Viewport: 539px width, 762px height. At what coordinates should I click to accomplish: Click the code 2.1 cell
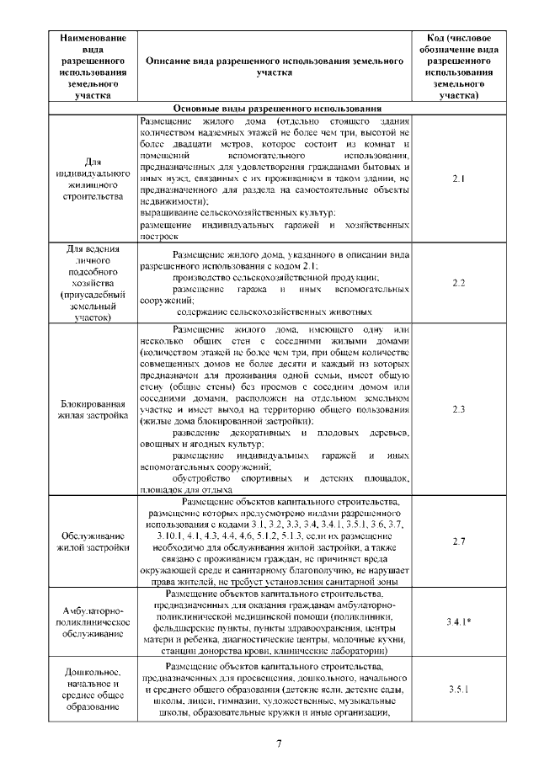pyautogui.click(x=458, y=179)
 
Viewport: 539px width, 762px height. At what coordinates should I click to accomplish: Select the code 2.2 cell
pyautogui.click(x=458, y=284)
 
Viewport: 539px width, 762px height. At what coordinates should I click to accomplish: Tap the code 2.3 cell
pyautogui.click(x=458, y=409)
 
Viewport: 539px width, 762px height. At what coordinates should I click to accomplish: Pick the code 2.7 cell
pyautogui.click(x=458, y=541)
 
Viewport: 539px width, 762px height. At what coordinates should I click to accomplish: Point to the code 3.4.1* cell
pyautogui.click(x=458, y=621)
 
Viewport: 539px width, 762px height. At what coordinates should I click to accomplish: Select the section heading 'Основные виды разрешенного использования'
pyautogui.click(x=279, y=109)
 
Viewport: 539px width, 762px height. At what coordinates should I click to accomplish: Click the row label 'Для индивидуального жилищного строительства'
pyautogui.click(x=92, y=179)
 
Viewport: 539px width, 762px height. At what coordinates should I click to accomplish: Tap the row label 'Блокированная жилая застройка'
pyautogui.click(x=92, y=409)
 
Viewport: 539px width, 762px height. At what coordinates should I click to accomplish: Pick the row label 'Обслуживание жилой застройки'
pyautogui.click(x=92, y=541)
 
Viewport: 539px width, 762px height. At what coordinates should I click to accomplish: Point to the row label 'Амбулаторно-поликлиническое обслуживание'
pyautogui.click(x=92, y=621)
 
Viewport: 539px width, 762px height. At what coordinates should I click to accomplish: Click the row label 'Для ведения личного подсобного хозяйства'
pyautogui.click(x=92, y=284)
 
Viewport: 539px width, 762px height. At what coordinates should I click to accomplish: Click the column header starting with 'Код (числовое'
pyautogui.click(x=458, y=67)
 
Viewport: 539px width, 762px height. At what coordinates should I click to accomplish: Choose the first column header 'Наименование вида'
pyautogui.click(x=92, y=67)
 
